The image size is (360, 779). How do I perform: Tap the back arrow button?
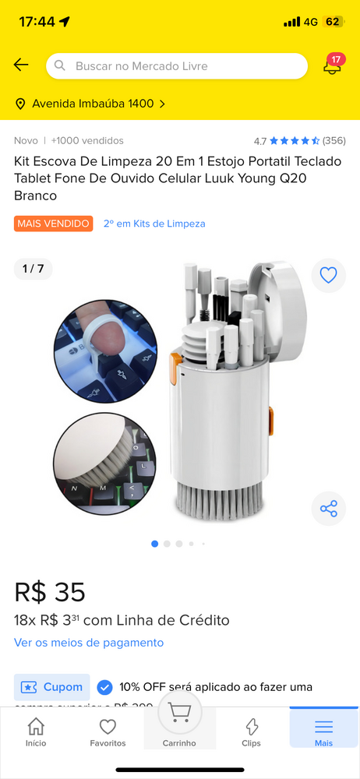21,65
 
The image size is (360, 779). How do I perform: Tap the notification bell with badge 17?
333,65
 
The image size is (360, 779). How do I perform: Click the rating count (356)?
334,141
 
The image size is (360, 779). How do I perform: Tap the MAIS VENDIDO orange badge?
53,224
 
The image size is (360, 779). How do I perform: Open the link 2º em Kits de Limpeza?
154,224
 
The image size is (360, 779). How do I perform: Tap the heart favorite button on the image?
328,275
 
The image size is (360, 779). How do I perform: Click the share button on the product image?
328,509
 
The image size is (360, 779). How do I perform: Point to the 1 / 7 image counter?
33,269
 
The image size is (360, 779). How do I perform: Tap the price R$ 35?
50,592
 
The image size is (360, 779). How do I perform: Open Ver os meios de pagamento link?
89,643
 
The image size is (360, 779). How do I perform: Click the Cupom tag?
52,687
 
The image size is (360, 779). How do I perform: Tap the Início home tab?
36,731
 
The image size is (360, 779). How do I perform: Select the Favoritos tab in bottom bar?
108,731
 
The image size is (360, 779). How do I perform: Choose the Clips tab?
251,731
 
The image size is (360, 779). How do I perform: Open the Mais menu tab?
323,731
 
